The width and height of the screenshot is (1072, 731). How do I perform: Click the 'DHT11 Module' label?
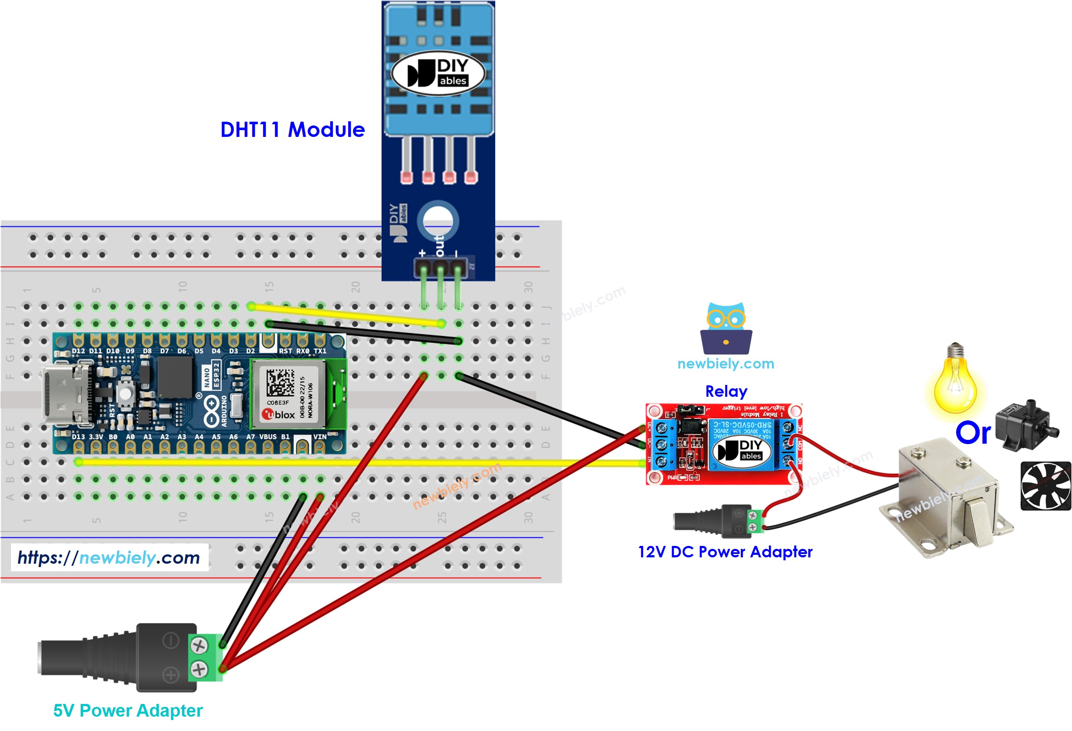click(292, 130)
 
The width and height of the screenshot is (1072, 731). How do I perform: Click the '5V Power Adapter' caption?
click(128, 710)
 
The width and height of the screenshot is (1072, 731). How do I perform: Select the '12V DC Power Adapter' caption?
click(725, 551)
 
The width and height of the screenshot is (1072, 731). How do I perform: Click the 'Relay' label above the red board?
click(726, 391)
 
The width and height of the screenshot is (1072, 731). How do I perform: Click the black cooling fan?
click(1045, 486)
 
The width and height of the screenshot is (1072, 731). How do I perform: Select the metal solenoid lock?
click(946, 498)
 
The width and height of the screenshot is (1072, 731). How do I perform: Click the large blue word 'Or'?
click(973, 433)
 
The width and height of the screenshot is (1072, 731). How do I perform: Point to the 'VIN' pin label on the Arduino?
click(320, 436)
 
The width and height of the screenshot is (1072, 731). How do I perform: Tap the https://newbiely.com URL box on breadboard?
click(109, 558)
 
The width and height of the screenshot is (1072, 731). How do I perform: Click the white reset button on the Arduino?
click(125, 393)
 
